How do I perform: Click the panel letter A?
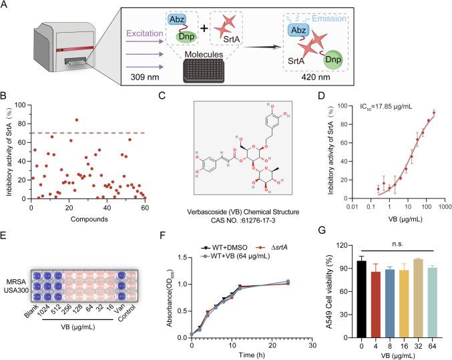[x=6, y=6]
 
